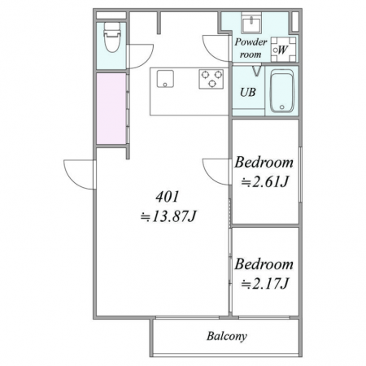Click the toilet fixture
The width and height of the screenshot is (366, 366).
[112, 37]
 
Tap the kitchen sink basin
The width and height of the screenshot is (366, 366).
[165, 79]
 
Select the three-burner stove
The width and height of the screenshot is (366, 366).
[211, 79]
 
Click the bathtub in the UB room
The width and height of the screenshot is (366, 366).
[282, 91]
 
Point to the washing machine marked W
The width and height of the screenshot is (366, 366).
[284, 50]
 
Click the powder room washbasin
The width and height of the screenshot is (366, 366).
[251, 22]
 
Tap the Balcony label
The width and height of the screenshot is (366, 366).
[227, 336]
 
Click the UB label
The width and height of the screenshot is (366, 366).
[248, 93]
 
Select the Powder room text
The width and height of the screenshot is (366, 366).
[251, 48]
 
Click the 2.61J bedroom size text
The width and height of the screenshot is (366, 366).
[264, 181]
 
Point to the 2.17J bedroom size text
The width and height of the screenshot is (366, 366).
[264, 284]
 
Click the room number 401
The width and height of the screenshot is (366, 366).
[168, 197]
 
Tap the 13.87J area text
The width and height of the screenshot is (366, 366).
[168, 216]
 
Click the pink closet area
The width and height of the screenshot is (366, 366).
[111, 108]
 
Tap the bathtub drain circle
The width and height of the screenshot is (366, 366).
[282, 107]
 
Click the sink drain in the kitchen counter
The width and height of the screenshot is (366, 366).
[165, 85]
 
